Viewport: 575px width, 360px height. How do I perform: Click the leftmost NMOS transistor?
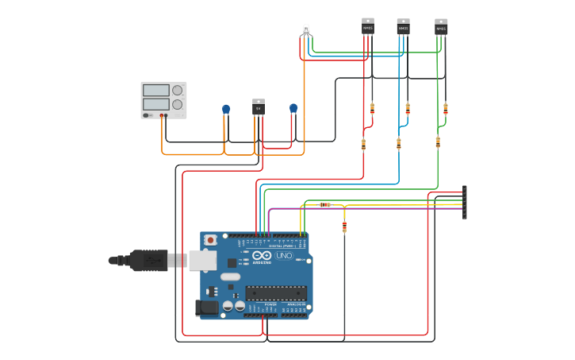point(368,26)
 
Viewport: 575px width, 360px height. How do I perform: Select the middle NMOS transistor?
point(403,27)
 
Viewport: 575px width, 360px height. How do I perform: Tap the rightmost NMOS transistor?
point(441,27)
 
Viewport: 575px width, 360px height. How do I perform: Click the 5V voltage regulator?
point(259,107)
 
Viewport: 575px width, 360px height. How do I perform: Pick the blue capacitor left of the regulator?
point(226,109)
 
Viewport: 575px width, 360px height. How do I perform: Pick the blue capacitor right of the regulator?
point(293,108)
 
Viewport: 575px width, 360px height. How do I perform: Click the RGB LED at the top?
point(306,30)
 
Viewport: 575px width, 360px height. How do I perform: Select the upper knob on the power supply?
point(178,90)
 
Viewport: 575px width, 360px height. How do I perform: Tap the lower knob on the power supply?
point(178,104)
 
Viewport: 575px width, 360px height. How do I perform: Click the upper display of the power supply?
point(155,90)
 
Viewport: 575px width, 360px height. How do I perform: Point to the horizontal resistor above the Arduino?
point(324,205)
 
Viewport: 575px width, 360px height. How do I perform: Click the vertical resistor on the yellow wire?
point(344,227)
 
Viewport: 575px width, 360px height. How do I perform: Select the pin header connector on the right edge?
point(465,202)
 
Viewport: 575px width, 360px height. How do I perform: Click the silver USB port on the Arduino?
point(202,260)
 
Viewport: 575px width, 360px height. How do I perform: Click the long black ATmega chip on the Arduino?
point(275,292)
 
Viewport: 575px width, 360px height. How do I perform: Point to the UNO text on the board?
point(284,255)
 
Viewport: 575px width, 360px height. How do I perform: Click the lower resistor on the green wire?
point(438,142)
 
